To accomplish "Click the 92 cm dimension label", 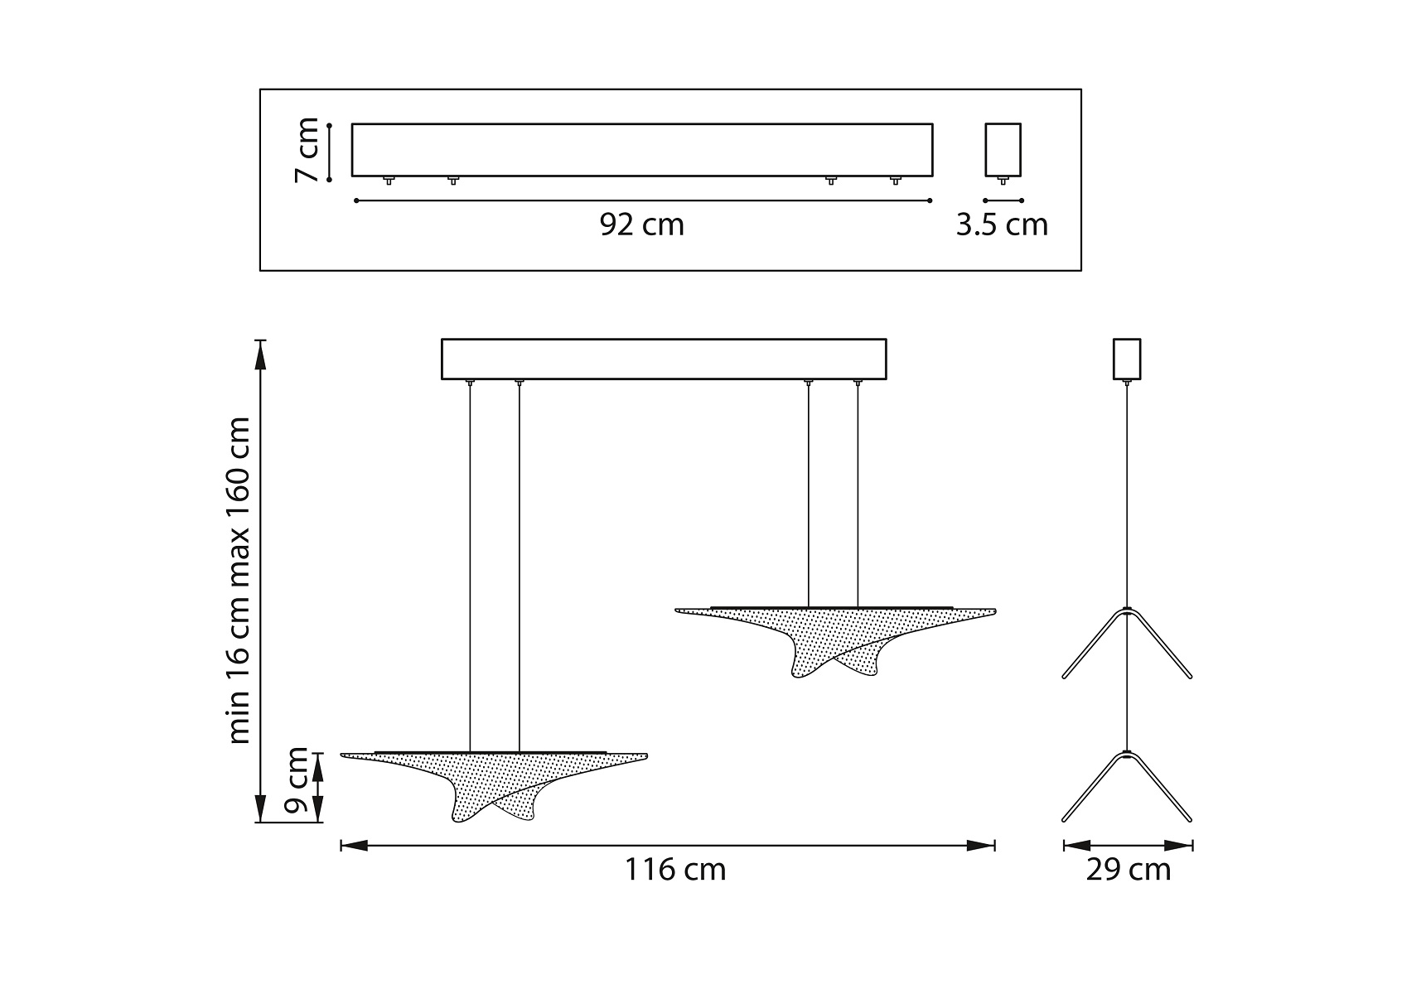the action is pyautogui.click(x=642, y=224).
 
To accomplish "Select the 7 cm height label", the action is pyautogui.click(x=307, y=150).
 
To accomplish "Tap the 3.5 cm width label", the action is pyautogui.click(x=1002, y=224).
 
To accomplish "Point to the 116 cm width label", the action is pyautogui.click(x=674, y=870).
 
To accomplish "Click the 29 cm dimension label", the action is pyautogui.click(x=1129, y=870).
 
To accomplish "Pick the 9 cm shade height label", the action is pyautogui.click(x=296, y=780).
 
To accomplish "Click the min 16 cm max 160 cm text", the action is pyautogui.click(x=239, y=580).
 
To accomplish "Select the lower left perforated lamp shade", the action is pyautogui.click(x=494, y=785).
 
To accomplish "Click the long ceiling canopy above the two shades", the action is pyautogui.click(x=664, y=359).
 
